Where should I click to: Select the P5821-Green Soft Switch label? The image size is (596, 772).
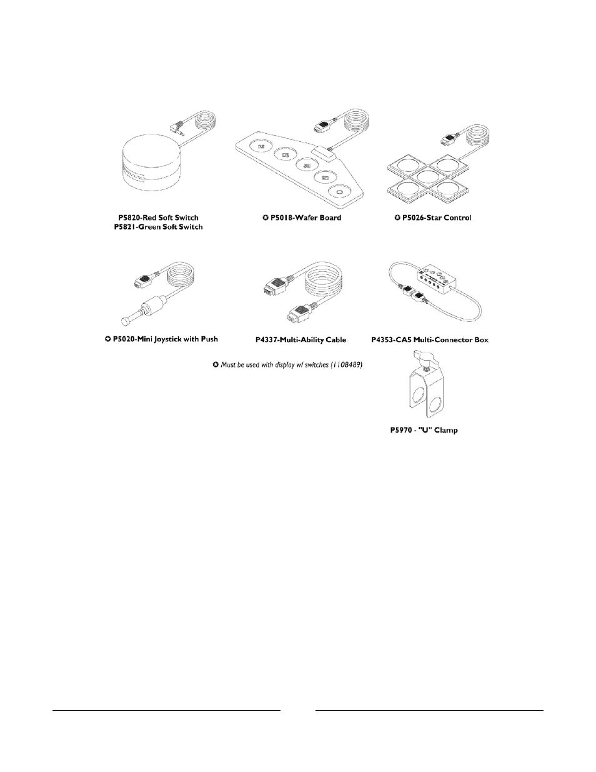tap(161, 227)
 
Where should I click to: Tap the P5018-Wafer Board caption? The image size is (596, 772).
tap(302, 218)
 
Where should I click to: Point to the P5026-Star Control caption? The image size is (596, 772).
tap(437, 218)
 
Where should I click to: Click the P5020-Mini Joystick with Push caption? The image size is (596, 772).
tap(161, 339)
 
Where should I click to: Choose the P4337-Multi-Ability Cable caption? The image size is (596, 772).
tap(301, 340)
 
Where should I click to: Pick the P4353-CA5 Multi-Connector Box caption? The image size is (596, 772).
tap(438, 340)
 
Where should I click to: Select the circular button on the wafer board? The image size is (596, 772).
tap(339, 193)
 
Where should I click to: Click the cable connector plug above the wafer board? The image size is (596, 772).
tap(322, 126)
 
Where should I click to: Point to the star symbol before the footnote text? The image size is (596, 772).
tap(216, 364)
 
